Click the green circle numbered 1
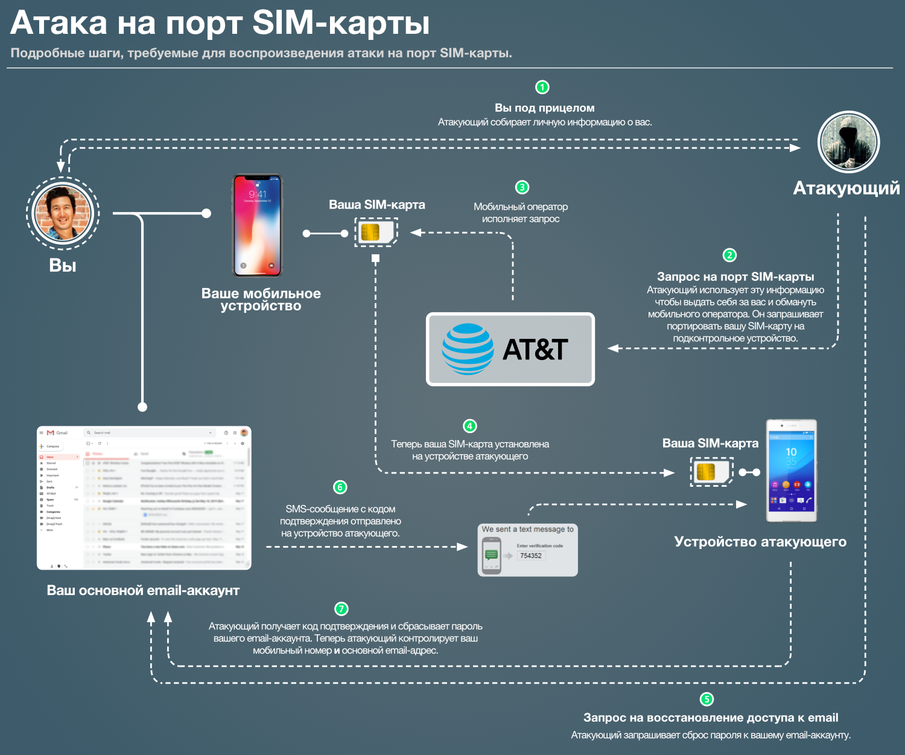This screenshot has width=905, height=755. point(542,87)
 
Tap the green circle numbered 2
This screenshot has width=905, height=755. point(729,255)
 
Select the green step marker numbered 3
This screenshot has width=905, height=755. point(522,187)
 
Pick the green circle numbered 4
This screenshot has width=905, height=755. point(469,426)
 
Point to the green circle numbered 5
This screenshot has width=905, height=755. point(707,699)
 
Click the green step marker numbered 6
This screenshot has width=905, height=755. point(340,487)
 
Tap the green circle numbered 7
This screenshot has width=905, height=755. point(341,608)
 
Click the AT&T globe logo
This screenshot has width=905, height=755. point(468,349)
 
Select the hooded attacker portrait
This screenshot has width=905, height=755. point(848,143)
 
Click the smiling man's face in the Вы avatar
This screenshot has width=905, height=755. point(63,213)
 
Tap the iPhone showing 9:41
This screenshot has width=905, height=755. point(258,225)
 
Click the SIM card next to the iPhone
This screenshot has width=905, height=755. point(376,233)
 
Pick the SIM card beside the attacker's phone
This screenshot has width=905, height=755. point(711,471)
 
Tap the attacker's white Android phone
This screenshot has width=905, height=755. point(791,471)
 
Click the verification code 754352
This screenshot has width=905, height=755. point(531,556)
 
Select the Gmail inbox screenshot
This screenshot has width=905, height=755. point(144,498)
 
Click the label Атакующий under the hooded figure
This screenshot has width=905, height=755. point(846,188)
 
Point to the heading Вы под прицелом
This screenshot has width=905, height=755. point(544,108)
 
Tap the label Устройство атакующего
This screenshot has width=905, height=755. point(760,542)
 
